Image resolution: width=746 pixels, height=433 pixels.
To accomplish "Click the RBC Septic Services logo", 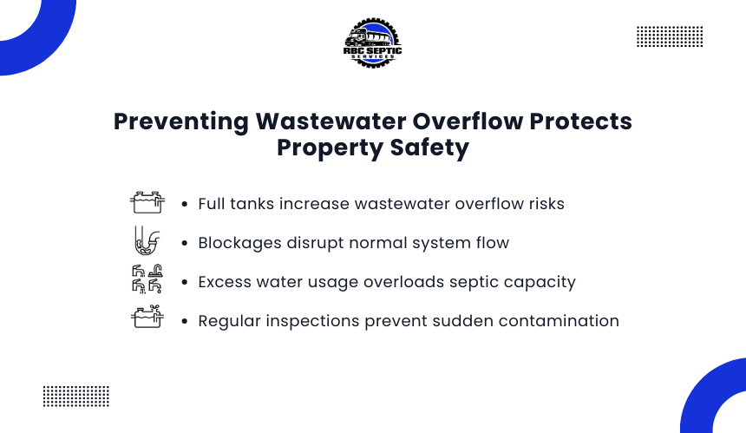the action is coord(372,43).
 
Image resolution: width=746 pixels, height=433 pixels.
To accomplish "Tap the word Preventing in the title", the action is coord(180,121).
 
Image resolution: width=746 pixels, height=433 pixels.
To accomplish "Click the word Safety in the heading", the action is coord(429,148).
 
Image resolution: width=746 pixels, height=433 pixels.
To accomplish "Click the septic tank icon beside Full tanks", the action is coord(147,202).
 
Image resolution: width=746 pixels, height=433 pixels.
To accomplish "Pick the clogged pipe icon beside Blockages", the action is coord(147,240).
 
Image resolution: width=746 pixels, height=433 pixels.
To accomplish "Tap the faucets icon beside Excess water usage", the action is coord(147,279).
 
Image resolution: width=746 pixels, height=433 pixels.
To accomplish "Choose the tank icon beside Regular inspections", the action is coord(147,317).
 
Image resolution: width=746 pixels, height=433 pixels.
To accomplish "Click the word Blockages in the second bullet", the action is coord(239,243).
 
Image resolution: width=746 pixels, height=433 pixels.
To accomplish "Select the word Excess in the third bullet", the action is coord(225,282).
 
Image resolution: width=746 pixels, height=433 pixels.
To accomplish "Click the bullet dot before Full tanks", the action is coord(185,204).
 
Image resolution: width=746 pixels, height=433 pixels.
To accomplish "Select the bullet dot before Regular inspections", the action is coord(185,321).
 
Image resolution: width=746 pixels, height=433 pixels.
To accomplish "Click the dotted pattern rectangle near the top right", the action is coord(670,36).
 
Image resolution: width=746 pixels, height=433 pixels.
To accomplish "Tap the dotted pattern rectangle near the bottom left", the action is coord(76,397).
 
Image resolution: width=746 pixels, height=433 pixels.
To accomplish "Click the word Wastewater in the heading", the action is coord(330,121).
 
